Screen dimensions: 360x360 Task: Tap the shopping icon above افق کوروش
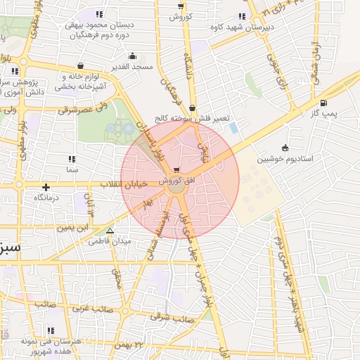(176, 169)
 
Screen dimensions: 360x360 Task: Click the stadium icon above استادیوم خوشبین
(284, 148)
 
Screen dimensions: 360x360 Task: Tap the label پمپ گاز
(326, 113)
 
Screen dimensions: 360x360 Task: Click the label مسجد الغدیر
(132, 67)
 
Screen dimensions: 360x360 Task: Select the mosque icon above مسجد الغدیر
(132, 56)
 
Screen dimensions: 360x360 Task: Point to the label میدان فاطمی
(109, 241)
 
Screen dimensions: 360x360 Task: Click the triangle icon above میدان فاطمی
(109, 230)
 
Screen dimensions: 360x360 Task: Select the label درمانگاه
(46, 198)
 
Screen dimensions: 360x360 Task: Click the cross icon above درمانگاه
(46, 187)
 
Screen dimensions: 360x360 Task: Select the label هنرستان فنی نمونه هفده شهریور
(49, 345)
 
